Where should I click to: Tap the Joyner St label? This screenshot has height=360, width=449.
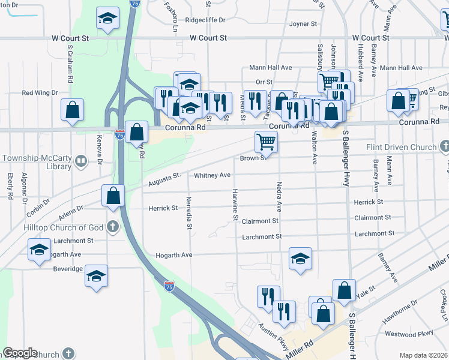tap(303, 24)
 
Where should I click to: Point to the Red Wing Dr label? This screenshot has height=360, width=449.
tap(40, 93)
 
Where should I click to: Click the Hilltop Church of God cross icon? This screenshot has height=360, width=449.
tap(112, 227)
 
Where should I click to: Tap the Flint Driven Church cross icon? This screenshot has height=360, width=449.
tap(445, 146)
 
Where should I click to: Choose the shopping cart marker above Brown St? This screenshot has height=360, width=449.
tap(266, 142)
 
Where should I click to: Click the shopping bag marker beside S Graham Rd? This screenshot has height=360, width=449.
tap(72, 110)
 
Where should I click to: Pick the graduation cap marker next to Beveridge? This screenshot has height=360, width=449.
tap(96, 276)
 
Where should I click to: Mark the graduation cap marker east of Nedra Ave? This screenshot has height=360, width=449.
tap(300, 259)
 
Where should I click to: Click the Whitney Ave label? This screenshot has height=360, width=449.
tap(212, 175)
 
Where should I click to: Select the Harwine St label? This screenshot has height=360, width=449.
tap(235, 205)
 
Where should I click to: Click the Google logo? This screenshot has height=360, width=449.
tap(20, 353)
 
